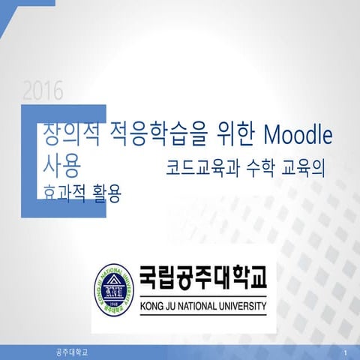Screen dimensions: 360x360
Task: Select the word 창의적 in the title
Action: pos(70,135)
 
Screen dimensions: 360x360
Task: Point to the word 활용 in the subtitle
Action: pos(103,190)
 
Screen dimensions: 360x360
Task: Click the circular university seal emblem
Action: pos(112,291)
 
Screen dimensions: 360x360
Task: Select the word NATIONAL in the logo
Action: pos(200,306)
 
